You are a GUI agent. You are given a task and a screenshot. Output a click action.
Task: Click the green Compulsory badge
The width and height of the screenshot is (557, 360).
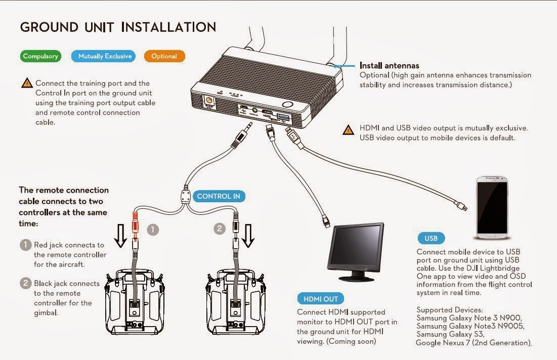41,56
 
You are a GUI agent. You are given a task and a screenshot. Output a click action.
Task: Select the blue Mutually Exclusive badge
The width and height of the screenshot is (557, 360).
105,56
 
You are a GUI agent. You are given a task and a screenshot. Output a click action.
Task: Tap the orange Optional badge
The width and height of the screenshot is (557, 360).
164,56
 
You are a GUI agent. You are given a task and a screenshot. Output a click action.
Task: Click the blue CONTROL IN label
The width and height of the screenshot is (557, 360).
218,196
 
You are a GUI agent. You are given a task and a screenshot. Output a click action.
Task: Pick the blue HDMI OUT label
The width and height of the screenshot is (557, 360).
320,298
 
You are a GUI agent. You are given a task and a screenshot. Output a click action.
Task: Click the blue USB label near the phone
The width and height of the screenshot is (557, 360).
431,238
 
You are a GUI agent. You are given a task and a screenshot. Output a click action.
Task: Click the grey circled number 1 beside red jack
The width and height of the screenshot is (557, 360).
153,230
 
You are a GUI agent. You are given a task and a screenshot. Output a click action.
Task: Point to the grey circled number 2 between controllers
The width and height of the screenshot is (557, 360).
220,229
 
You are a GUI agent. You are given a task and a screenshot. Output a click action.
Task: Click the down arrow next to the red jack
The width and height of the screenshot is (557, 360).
120,236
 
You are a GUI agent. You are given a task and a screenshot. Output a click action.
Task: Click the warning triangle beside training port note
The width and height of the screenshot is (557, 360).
27,83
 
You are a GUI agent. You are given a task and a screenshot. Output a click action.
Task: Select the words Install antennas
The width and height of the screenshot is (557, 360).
389,65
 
